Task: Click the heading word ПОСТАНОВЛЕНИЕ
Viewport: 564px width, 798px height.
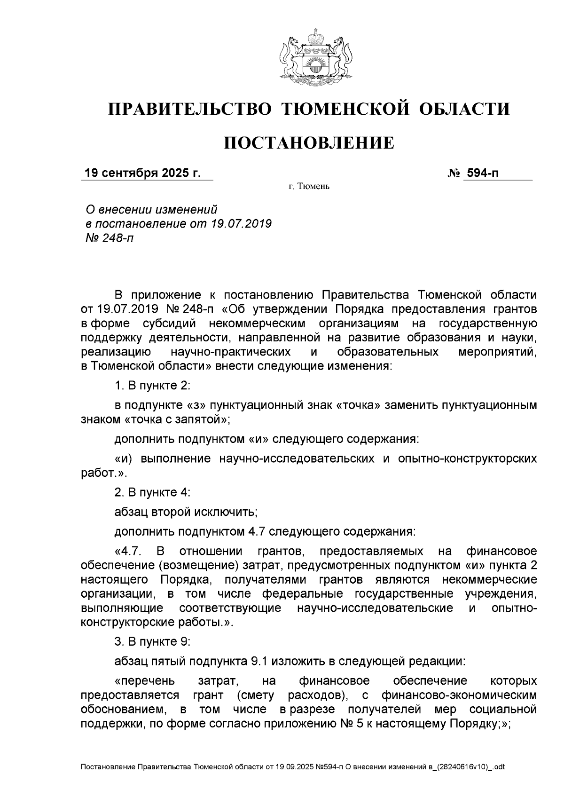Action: (x=308, y=142)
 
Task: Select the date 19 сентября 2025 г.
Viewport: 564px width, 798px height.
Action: (x=142, y=173)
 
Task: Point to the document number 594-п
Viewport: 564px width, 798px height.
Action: (x=481, y=173)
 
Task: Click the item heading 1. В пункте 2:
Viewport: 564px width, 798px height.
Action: (x=152, y=386)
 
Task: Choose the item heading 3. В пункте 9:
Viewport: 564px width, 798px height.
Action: (x=152, y=641)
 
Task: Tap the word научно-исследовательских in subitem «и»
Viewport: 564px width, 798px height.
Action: (x=297, y=458)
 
